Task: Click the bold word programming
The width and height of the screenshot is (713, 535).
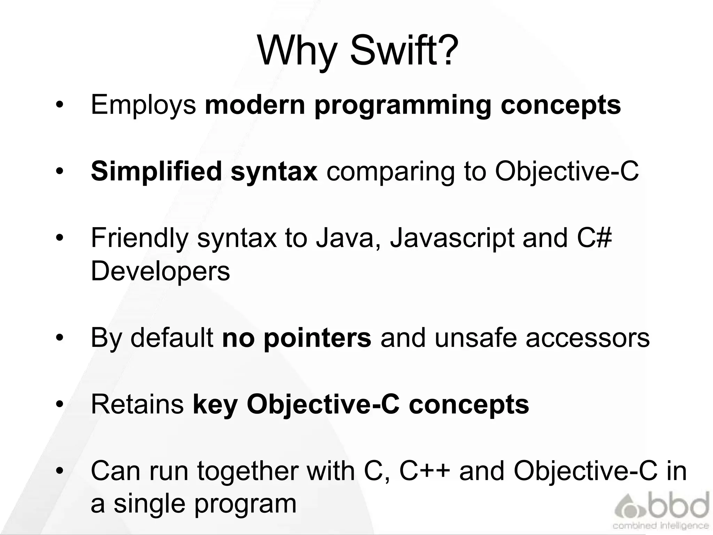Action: point(403,105)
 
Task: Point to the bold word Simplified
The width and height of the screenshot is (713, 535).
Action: point(156,171)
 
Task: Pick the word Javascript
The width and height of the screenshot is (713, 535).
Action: point(452,238)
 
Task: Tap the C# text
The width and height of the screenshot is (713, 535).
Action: point(594,238)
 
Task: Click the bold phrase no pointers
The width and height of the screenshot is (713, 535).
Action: point(297,338)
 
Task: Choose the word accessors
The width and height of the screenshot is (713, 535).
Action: point(588,338)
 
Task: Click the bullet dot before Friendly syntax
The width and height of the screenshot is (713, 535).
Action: point(60,238)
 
